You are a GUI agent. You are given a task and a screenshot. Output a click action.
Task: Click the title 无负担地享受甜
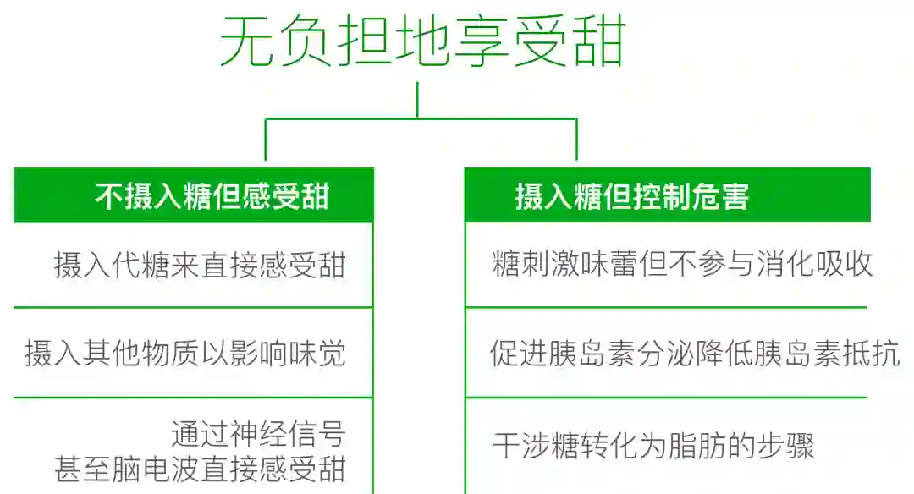coord(422,41)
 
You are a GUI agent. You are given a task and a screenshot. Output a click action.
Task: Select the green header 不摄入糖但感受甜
coord(212,197)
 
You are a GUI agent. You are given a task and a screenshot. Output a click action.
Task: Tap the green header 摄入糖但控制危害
coord(631,197)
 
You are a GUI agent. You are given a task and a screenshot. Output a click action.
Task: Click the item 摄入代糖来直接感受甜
coord(200,265)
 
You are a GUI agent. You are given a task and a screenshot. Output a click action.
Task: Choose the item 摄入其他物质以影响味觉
coord(185,353)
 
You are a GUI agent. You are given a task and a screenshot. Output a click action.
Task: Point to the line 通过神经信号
coord(258,433)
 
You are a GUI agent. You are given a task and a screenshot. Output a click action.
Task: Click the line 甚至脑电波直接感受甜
coord(200,468)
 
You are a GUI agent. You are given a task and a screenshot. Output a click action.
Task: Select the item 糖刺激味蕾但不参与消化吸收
coord(682,264)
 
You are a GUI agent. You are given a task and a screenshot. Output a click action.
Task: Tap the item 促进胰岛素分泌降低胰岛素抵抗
coord(694,353)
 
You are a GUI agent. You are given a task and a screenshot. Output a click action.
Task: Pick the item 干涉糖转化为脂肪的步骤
coord(653,446)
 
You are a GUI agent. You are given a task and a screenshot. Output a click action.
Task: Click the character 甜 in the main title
coord(598,42)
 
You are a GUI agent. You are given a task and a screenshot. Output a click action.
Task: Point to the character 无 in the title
coord(246,42)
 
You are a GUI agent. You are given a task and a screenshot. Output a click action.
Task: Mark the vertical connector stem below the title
coord(417,100)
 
